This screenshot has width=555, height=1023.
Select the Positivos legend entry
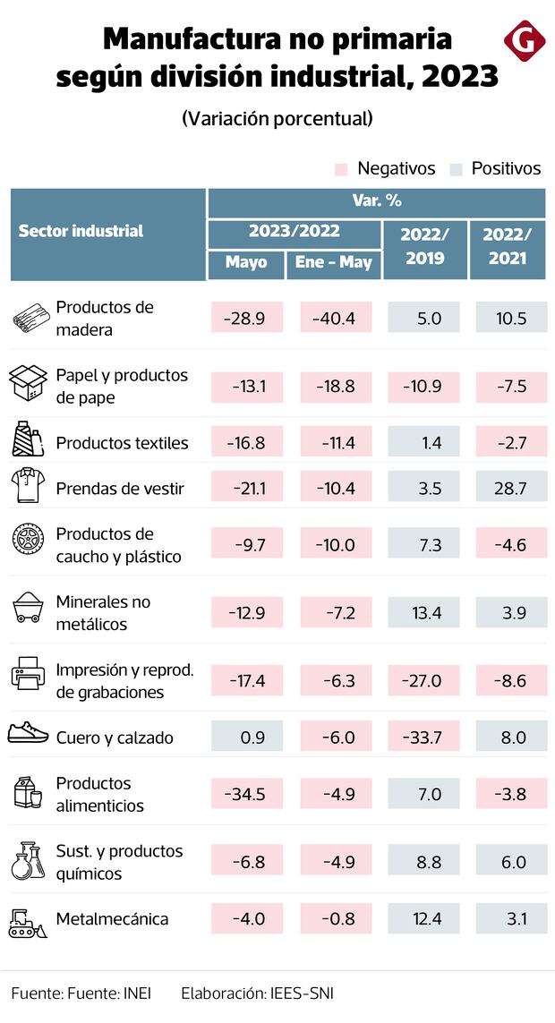(x=497, y=168)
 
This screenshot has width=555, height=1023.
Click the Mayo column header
(x=246, y=262)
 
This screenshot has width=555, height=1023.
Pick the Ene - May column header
(x=333, y=262)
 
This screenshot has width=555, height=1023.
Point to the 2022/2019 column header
(x=424, y=247)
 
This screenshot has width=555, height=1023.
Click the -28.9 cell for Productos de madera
(x=246, y=318)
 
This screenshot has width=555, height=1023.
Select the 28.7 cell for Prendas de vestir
(x=508, y=488)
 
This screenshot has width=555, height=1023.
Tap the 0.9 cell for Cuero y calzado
(x=246, y=737)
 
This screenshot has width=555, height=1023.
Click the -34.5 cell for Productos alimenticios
(x=246, y=794)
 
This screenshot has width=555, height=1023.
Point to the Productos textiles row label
(x=122, y=443)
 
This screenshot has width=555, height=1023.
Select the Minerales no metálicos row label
(x=103, y=612)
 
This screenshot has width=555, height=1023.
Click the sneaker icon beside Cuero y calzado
(x=27, y=734)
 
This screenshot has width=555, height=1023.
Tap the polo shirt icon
(x=27, y=488)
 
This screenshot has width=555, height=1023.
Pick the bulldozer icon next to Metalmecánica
(x=27, y=921)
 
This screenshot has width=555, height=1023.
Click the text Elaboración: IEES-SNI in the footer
(x=257, y=993)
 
